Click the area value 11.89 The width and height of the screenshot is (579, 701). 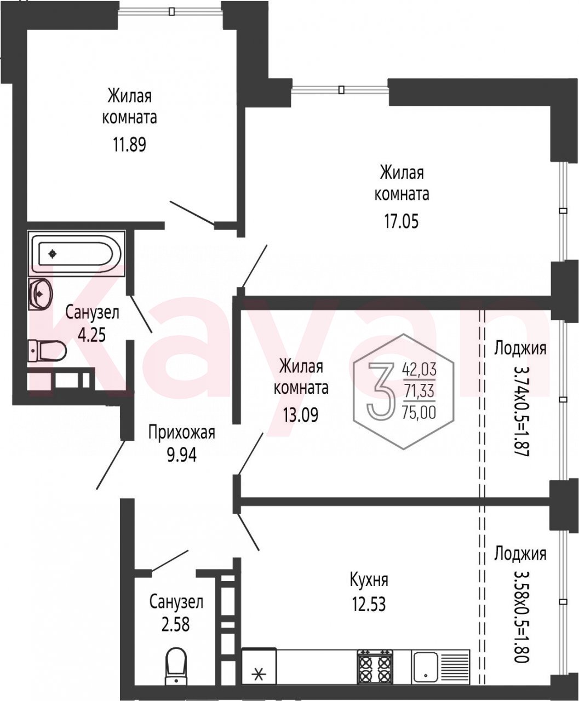(129, 145)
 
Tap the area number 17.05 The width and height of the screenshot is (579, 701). (402, 222)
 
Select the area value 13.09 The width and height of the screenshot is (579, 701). (301, 416)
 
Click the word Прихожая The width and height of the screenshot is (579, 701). (182, 433)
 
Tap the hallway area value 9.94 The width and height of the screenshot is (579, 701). (182, 456)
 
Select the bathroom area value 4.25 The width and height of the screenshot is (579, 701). (92, 335)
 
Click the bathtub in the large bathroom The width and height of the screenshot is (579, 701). (76, 254)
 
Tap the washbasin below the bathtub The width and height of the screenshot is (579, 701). (40, 294)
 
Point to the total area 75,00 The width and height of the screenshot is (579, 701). (420, 412)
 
